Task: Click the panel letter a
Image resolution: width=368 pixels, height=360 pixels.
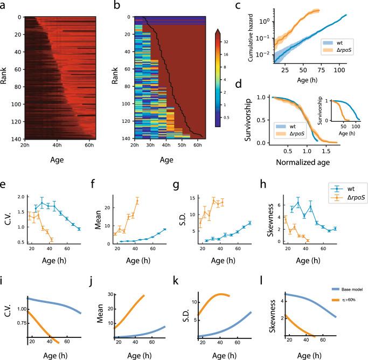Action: [4, 7]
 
